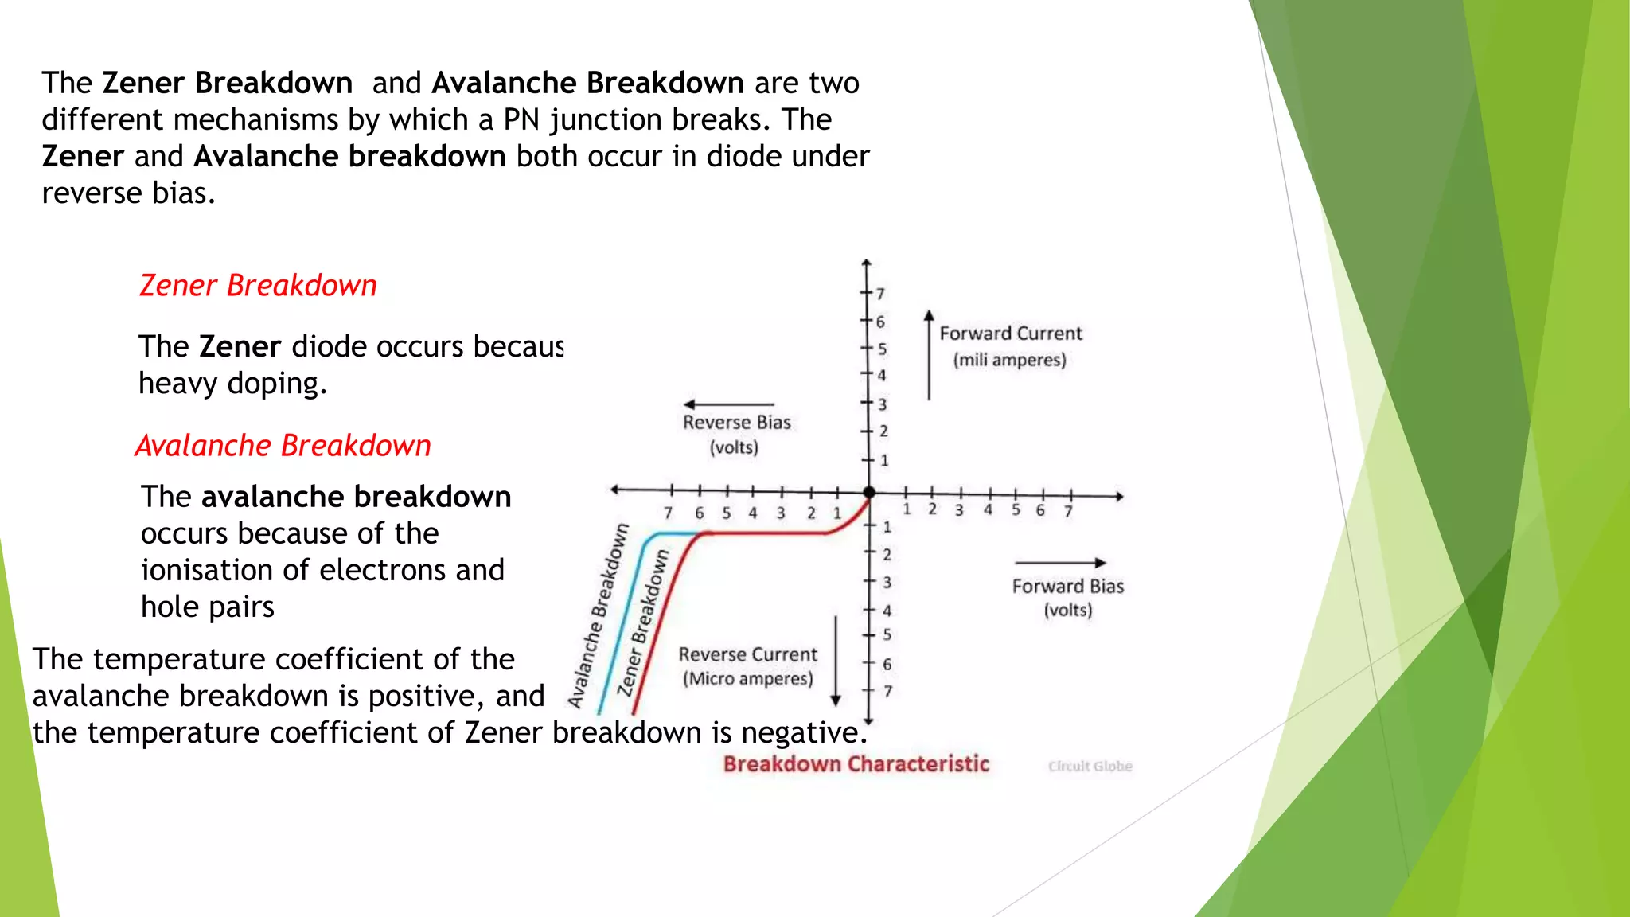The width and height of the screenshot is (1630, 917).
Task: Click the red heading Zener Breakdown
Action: (258, 286)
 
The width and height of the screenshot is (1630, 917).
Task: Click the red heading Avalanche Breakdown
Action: (283, 446)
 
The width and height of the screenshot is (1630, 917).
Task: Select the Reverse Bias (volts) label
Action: (736, 434)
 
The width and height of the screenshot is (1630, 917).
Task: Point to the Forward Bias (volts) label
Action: (1067, 598)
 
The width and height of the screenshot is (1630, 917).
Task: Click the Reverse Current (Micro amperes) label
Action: (747, 666)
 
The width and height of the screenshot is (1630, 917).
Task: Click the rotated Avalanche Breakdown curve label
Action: (598, 616)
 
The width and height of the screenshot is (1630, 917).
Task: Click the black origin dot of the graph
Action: (869, 493)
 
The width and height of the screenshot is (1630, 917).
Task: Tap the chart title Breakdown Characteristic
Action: (856, 764)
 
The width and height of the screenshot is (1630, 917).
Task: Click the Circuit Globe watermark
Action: (1090, 766)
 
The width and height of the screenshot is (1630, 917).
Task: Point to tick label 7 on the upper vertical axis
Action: (881, 294)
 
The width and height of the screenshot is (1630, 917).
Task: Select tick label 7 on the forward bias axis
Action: (1069, 511)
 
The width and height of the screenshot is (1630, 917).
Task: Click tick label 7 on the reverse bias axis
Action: (669, 513)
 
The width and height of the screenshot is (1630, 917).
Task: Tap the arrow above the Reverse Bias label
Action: (728, 404)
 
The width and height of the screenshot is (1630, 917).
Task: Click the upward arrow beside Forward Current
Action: (929, 354)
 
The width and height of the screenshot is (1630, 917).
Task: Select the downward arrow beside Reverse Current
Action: (836, 661)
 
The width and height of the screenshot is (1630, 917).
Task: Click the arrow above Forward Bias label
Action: (1061, 563)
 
